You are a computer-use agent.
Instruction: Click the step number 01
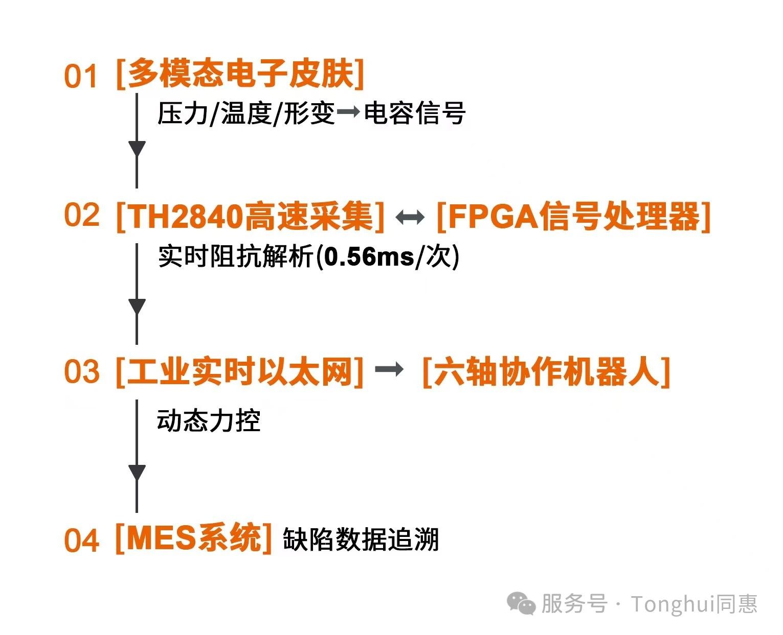[80, 76]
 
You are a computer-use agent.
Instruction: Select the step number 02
[82, 215]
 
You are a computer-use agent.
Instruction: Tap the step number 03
[82, 371]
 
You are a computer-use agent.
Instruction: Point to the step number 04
[82, 540]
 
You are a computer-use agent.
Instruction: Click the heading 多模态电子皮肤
[240, 74]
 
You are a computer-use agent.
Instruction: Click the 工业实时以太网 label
[240, 372]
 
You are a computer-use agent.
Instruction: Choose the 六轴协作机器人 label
[547, 372]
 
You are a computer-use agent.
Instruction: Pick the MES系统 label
[194, 538]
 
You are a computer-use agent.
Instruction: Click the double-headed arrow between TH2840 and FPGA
[410, 218]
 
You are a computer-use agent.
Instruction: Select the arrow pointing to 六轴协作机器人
[389, 369]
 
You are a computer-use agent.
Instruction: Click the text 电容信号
[415, 113]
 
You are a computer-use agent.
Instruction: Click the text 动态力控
[209, 420]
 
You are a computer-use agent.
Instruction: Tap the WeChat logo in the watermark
[521, 603]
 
